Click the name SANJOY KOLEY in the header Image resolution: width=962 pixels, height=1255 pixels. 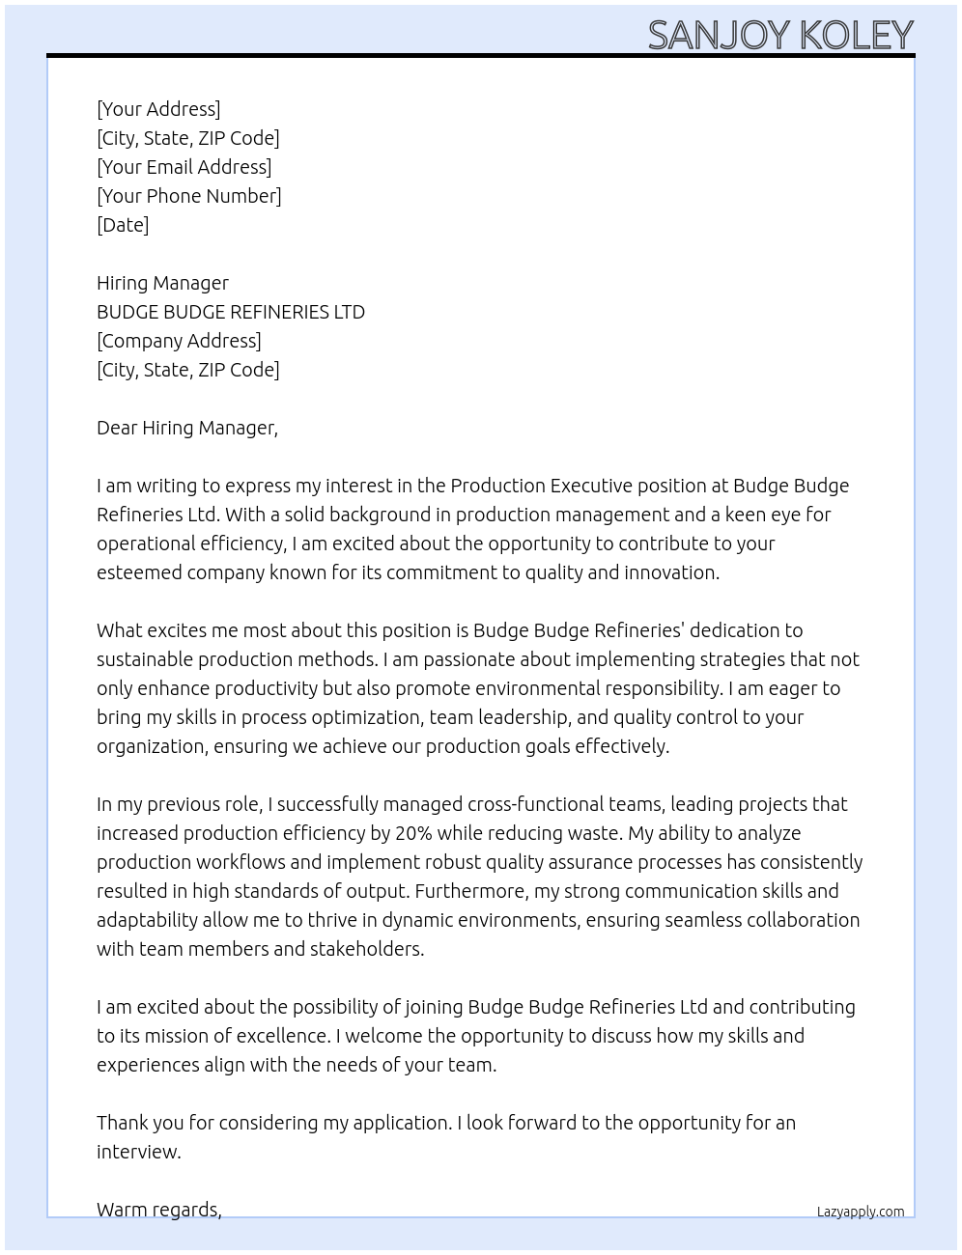(780, 36)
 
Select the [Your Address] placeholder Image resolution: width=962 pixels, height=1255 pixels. (158, 109)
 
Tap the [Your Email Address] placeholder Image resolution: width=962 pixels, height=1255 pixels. (184, 167)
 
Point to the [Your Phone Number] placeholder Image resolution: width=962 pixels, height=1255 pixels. (188, 196)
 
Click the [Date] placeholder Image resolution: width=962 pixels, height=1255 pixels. (123, 225)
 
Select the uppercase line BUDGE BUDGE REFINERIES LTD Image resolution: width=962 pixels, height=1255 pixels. (231, 312)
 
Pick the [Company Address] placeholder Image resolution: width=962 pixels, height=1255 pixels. (179, 341)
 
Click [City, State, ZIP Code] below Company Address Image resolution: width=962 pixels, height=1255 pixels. (187, 370)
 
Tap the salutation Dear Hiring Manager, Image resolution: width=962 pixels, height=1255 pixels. (186, 428)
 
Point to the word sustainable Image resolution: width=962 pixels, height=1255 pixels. (144, 659)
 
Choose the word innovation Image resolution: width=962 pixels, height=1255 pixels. (671, 572)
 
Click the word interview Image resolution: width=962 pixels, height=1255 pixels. (138, 1152)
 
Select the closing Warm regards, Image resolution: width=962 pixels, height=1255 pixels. (158, 1210)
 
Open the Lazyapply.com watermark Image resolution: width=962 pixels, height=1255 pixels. (860, 1212)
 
